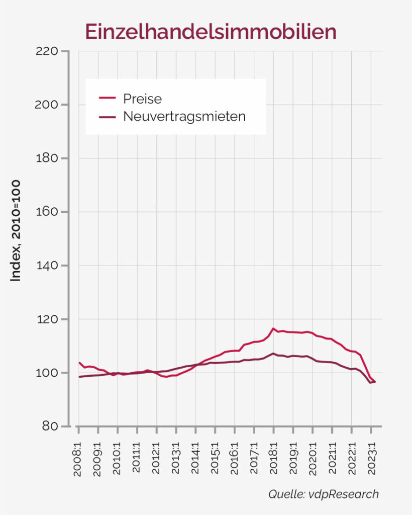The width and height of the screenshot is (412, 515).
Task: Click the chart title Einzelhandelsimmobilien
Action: (x=211, y=31)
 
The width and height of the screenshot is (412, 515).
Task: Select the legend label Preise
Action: (x=142, y=98)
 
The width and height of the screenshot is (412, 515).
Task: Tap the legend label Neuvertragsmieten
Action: (x=184, y=117)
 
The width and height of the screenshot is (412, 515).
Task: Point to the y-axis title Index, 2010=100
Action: (x=16, y=230)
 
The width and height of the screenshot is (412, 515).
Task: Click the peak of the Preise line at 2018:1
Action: (x=273, y=328)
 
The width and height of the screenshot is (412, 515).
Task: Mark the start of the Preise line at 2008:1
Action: (x=79, y=363)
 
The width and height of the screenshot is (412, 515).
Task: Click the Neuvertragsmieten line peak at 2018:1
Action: (x=273, y=354)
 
